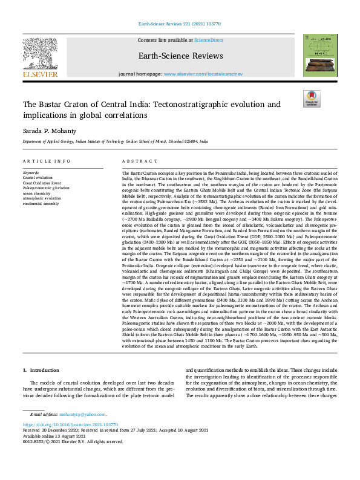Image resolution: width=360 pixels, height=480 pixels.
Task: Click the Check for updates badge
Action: [x=311, y=99]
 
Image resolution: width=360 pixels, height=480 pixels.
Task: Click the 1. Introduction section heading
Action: [x=41, y=369]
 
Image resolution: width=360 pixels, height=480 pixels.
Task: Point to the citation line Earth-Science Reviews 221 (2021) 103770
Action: [x=180, y=24]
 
